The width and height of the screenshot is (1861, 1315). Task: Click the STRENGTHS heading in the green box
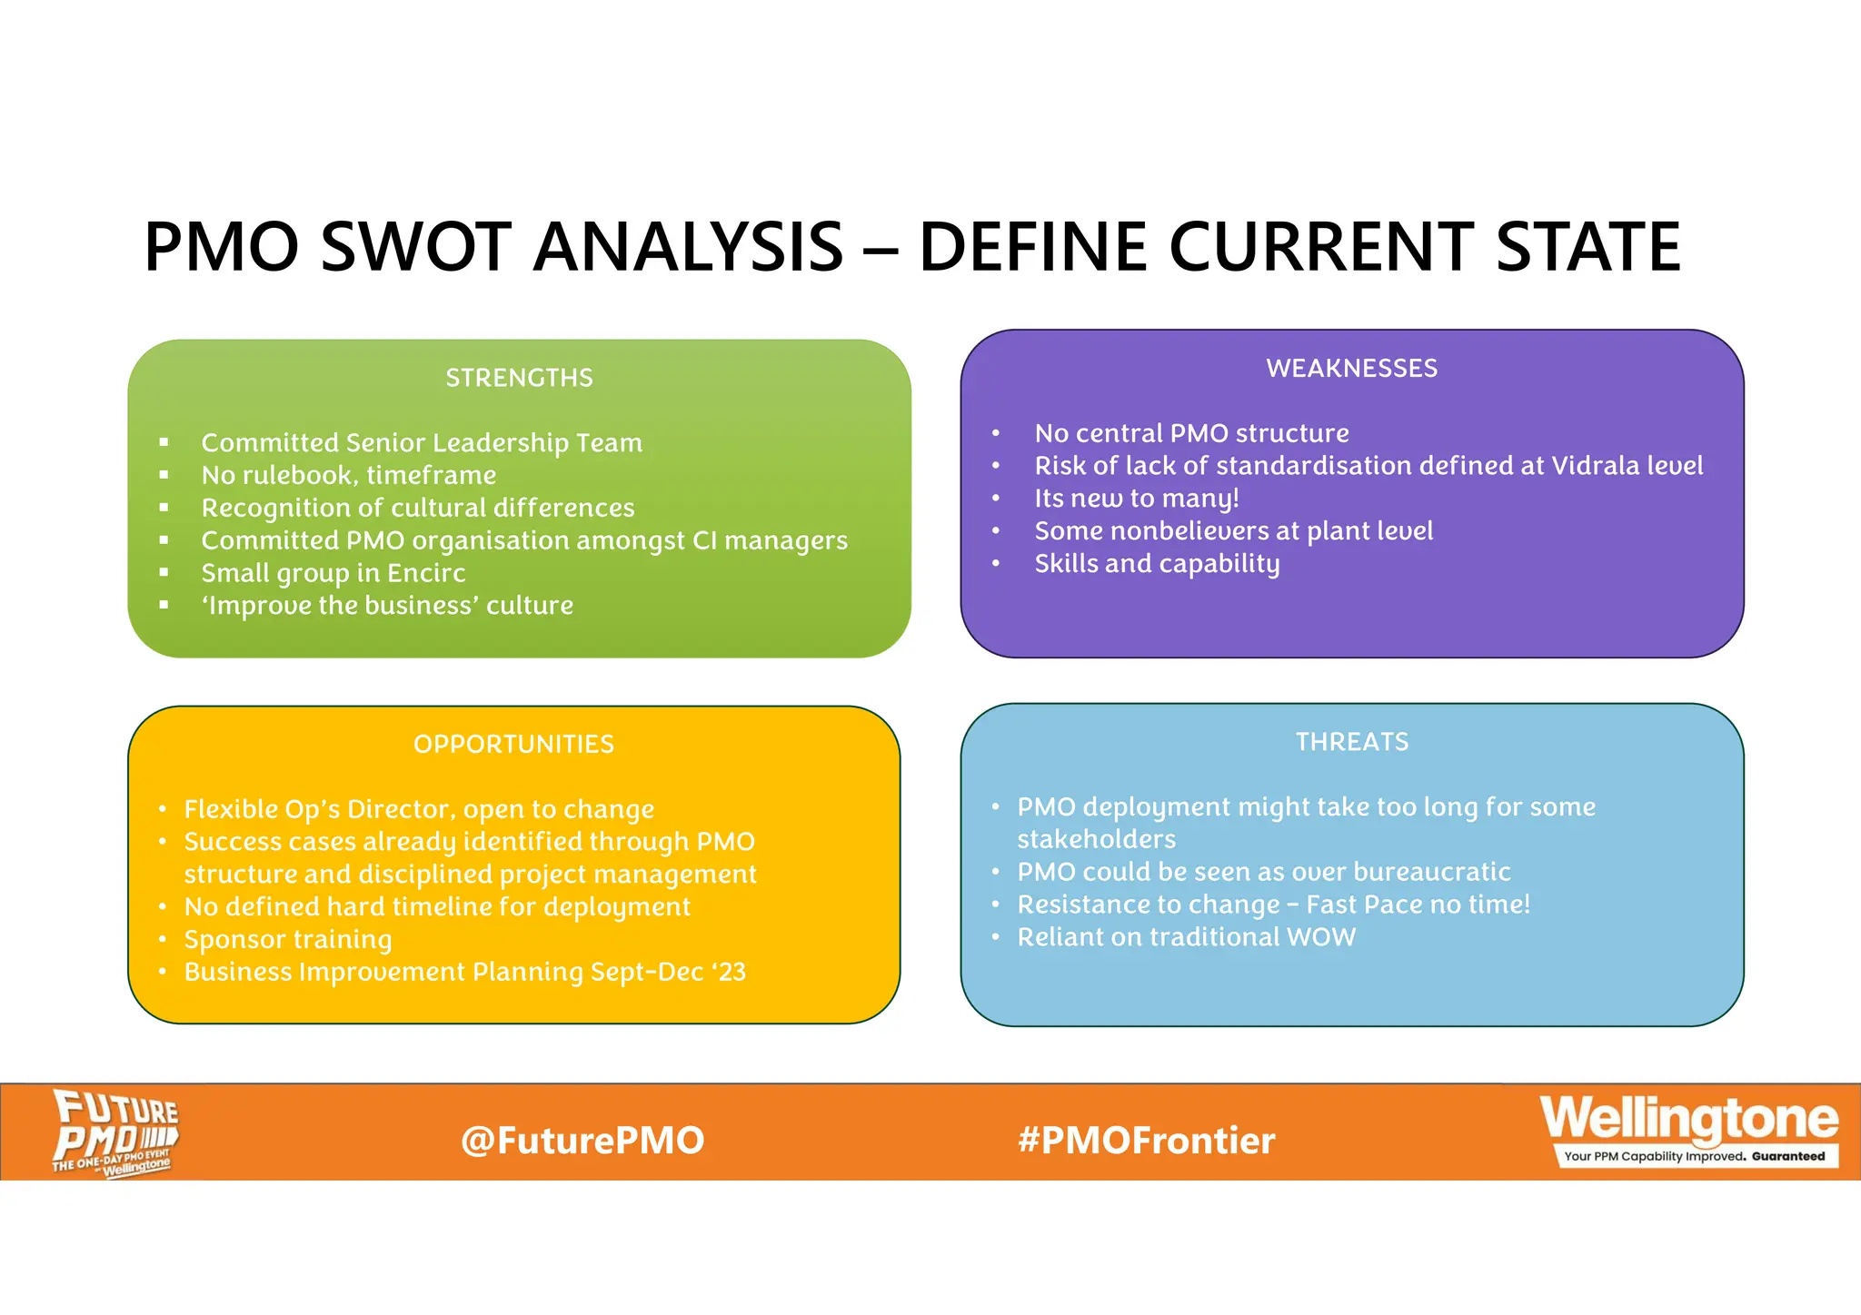tap(519, 378)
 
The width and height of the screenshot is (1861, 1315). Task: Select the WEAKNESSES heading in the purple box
tap(1351, 368)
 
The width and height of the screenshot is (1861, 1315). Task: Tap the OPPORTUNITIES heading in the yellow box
tap(513, 745)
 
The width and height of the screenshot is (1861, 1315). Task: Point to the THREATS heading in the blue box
tap(1351, 742)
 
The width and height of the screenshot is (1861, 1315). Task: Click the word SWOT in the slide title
tap(416, 247)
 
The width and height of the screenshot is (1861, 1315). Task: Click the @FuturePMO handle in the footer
tap(582, 1141)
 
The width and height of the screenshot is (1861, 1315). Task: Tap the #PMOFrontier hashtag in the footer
tap(1147, 1141)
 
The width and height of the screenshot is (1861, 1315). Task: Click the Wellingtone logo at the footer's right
tap(1688, 1119)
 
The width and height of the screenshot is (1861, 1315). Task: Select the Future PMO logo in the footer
tap(114, 1132)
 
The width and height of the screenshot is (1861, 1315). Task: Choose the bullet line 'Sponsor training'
tap(288, 939)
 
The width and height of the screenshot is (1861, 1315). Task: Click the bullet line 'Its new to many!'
tap(1137, 499)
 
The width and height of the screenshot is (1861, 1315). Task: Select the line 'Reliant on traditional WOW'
tap(1186, 937)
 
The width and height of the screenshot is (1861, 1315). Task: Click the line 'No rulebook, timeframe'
tap(349, 475)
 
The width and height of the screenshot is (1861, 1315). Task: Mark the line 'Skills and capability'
tap(1157, 564)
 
